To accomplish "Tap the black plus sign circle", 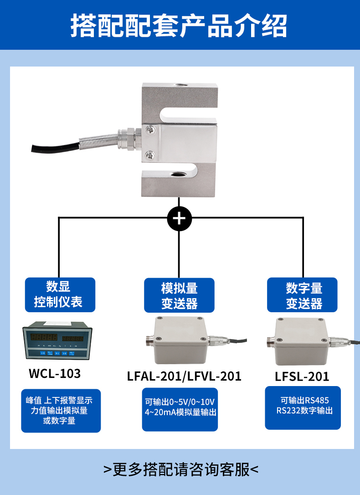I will pos(179,219).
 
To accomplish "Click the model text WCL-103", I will pos(55,374).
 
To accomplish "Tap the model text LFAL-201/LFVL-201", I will pos(184,376).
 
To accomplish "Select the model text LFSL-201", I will pos(302,376).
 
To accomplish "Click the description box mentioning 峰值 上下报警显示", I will pos(61,411).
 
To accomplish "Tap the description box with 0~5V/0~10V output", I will pos(180,407).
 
